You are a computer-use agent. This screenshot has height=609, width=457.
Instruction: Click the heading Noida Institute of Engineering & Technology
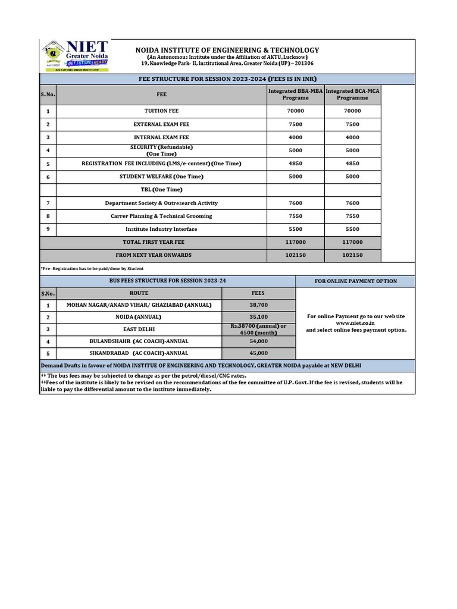point(227,51)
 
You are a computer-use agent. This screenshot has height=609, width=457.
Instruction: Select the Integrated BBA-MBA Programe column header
point(296,95)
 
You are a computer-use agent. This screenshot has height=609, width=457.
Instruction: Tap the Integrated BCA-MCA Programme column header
point(352,95)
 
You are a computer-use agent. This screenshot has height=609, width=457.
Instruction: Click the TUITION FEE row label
point(161,111)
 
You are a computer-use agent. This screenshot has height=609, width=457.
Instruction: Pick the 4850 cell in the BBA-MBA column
point(296,164)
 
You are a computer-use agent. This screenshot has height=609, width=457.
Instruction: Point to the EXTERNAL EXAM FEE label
point(161,124)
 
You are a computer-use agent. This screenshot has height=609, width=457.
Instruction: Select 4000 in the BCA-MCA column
point(352,137)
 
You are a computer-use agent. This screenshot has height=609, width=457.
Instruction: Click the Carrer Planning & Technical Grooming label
point(161,216)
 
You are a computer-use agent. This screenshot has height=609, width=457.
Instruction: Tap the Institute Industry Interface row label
point(161,230)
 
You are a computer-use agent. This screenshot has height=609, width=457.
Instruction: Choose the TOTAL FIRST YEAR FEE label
point(154,243)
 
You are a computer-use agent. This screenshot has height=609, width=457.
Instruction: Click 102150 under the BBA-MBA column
point(296,256)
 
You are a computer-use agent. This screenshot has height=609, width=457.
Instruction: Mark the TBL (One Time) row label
point(161,190)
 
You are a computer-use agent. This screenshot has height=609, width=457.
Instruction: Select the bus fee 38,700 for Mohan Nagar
point(258,305)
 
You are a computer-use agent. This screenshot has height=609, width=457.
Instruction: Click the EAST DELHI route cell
point(139,329)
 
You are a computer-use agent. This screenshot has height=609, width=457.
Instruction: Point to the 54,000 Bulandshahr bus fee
point(258,341)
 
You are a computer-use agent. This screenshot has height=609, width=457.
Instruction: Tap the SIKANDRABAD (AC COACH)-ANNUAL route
point(139,353)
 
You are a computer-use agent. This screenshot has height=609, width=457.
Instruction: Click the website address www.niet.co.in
point(355,323)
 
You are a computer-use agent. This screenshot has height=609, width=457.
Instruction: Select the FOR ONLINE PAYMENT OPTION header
point(356,281)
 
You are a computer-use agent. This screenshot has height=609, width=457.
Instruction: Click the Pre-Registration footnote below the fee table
point(92,269)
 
